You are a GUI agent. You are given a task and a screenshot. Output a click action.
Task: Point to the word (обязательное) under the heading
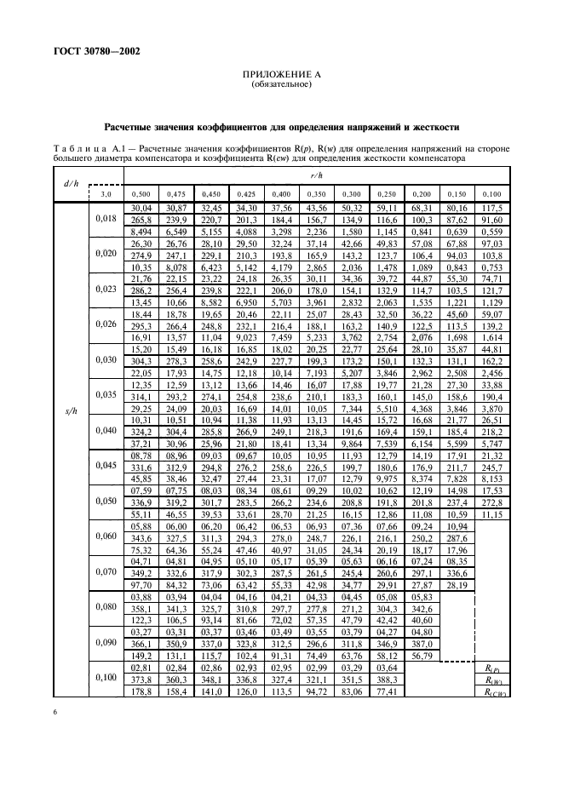(x=281, y=86)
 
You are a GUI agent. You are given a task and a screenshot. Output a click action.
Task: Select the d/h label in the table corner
(x=72, y=184)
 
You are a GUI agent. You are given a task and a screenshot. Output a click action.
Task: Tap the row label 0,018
(x=106, y=219)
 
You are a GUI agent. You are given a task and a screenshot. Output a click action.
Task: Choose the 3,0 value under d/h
(x=106, y=194)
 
